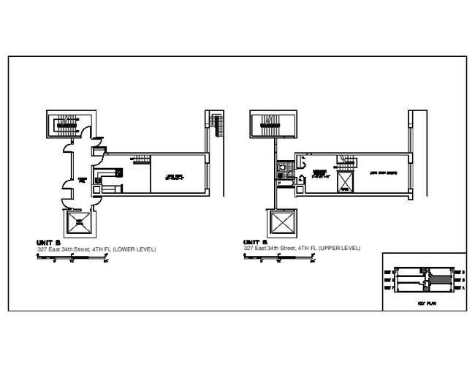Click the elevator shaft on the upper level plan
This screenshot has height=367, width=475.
click(281, 223)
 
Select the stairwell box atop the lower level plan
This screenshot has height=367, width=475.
click(67, 126)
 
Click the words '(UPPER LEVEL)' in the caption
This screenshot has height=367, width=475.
click(341, 249)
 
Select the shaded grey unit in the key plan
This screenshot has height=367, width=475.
click(437, 279)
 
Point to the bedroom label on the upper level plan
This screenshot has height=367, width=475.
click(319, 174)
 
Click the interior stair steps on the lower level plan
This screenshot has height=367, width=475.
click(140, 160)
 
